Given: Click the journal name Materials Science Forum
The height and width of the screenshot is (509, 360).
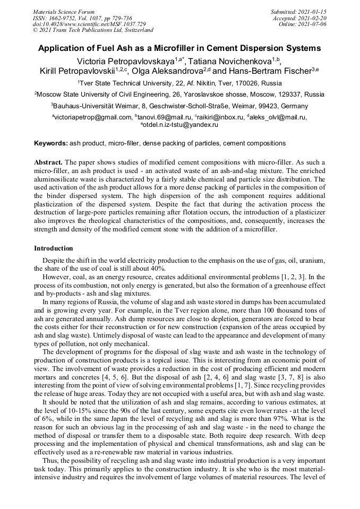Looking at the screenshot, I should (64, 12).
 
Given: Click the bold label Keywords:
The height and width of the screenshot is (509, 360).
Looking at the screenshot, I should (51, 143).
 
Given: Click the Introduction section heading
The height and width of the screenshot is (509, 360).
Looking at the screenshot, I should (53, 248).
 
